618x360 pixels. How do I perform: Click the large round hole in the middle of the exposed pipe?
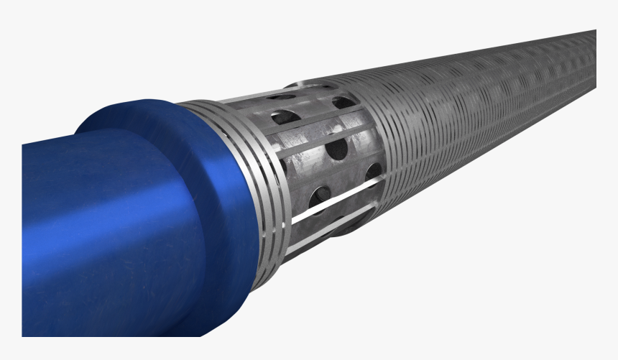pyautogui.click(x=336, y=149)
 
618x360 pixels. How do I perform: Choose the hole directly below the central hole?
pyautogui.click(x=321, y=195)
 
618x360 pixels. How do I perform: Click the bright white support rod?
pyautogui.click(x=331, y=204)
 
